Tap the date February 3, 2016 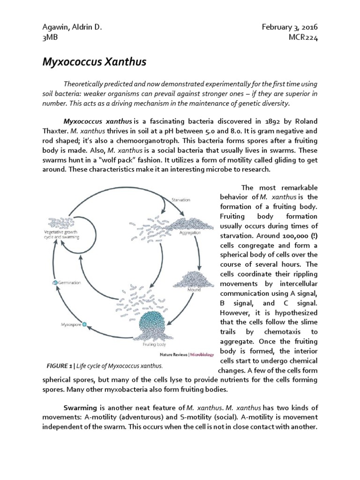pyautogui.click(x=290, y=28)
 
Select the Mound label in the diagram pyautogui.click(x=194, y=290)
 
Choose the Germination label pyautogui.click(x=69, y=283)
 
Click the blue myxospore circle pyautogui.click(x=84, y=324)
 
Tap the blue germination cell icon pyautogui.click(x=54, y=283)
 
